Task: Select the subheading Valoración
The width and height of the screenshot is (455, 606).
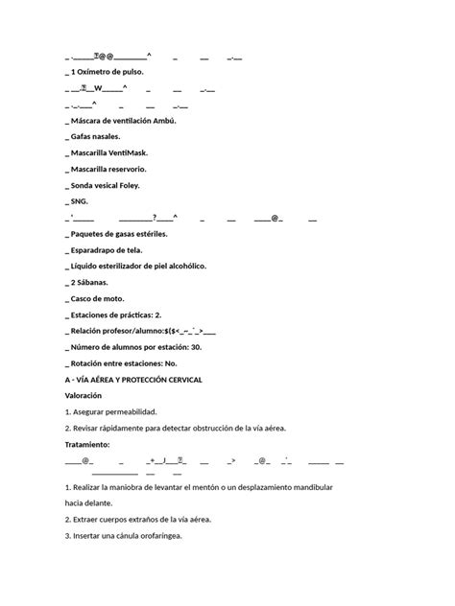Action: pos(88,396)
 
